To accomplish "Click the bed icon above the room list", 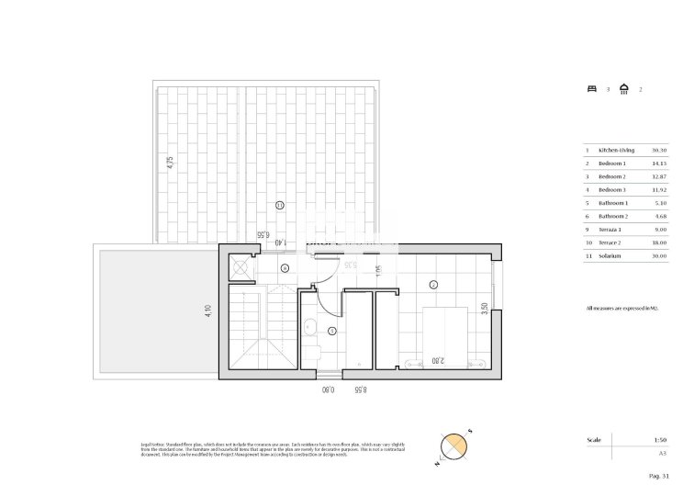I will (x=592, y=89).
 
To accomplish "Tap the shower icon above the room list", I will (x=624, y=89).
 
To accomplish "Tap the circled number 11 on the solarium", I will (x=279, y=205).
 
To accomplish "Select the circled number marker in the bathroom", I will (x=332, y=330).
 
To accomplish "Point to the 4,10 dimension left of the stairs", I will (x=209, y=311).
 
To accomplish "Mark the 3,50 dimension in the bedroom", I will (x=485, y=310).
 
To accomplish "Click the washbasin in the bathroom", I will (x=310, y=328).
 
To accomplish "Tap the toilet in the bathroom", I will (x=312, y=355).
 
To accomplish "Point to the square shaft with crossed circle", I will (x=241, y=267).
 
